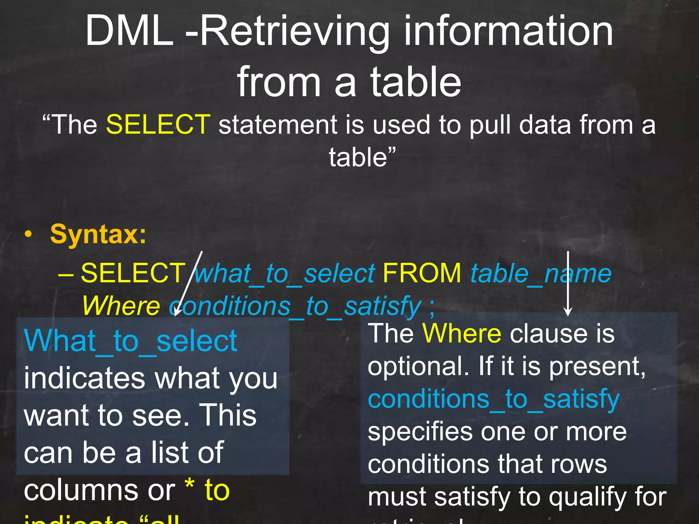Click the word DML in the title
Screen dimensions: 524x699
[129, 31]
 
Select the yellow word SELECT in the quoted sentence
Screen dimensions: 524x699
[158, 125]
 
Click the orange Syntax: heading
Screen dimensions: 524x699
[98, 235]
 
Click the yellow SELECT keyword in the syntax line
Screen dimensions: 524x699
[133, 273]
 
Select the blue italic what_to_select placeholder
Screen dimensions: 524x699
[285, 274]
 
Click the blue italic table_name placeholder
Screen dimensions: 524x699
[541, 274]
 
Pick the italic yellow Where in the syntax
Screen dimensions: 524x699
[121, 306]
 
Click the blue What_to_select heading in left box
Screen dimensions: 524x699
[130, 341]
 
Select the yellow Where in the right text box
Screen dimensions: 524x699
[462, 333]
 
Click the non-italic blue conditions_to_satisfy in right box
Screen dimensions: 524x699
[494, 399]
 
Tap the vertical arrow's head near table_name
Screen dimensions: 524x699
[568, 312]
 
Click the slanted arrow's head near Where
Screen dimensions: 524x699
[176, 312]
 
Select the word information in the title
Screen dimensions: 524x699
[509, 31]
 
